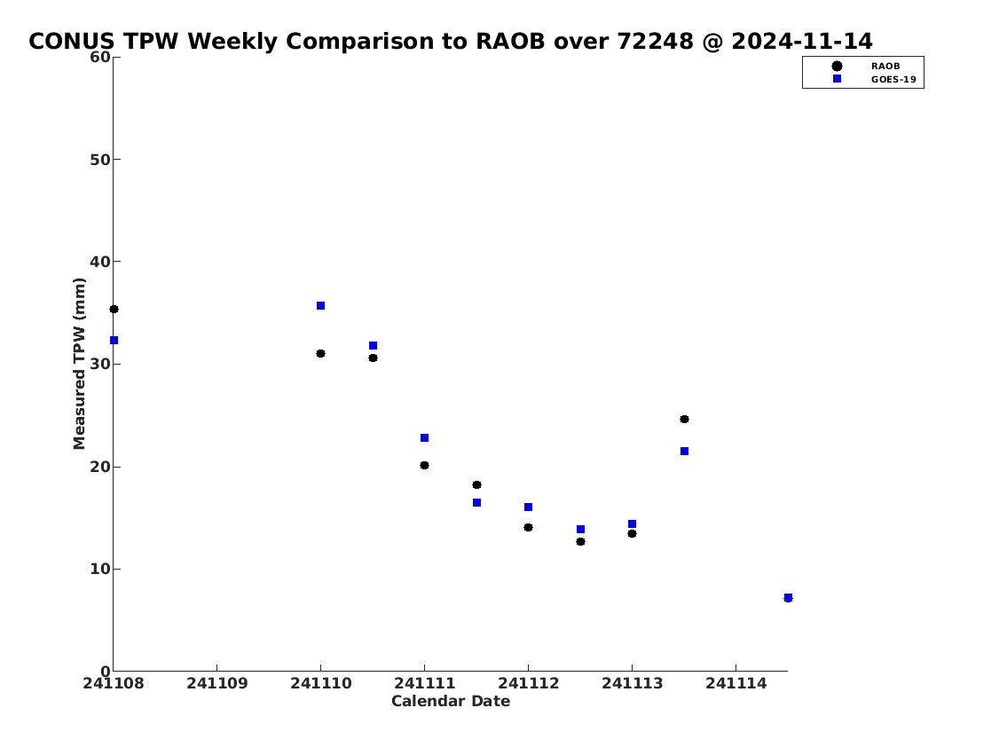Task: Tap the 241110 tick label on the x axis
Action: pyautogui.click(x=320, y=683)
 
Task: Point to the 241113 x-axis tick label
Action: pyautogui.click(x=632, y=683)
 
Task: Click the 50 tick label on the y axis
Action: pyautogui.click(x=100, y=159)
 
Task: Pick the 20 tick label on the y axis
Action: pyautogui.click(x=100, y=467)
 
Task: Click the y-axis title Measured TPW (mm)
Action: pyautogui.click(x=79, y=364)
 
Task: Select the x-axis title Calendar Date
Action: pyautogui.click(x=451, y=701)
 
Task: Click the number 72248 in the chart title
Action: pyautogui.click(x=655, y=41)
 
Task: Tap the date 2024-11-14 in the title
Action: pyautogui.click(x=802, y=41)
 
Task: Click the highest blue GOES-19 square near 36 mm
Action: pyautogui.click(x=320, y=305)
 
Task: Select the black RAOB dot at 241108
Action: pyautogui.click(x=114, y=310)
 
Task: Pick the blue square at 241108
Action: pyautogui.click(x=114, y=341)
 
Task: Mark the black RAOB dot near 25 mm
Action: pyautogui.click(x=685, y=420)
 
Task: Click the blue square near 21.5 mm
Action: pyautogui.click(x=685, y=452)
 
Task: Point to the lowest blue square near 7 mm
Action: pyautogui.click(x=788, y=598)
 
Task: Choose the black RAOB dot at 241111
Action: pyautogui.click(x=424, y=466)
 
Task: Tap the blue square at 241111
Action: pyautogui.click(x=424, y=438)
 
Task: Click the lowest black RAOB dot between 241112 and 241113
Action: pyautogui.click(x=580, y=542)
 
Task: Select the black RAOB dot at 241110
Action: pyautogui.click(x=320, y=354)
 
